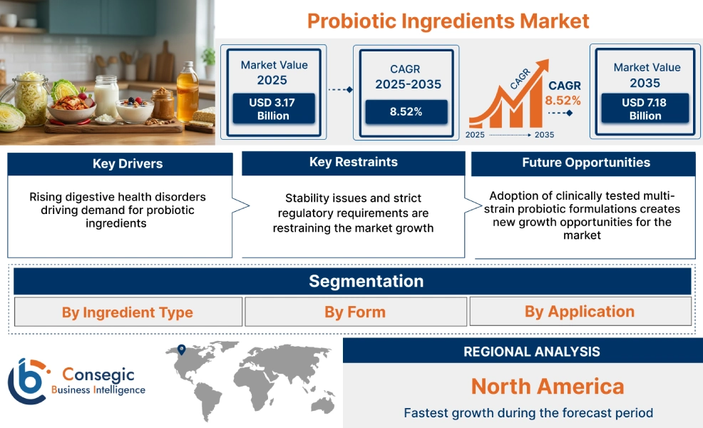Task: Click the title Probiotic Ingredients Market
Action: coord(448,21)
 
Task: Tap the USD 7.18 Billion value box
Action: coord(645,109)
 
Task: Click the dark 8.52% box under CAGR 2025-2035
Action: coord(406,111)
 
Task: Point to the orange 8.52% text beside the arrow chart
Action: coord(563,101)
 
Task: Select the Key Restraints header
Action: coord(353,163)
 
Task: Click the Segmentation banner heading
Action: coord(366,281)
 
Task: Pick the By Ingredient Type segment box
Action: coord(128,312)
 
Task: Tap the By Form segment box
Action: coord(355,312)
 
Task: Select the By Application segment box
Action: coord(580,312)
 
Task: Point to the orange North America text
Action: coord(547,387)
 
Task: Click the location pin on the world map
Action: coord(181,350)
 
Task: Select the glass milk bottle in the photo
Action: coord(106,96)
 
